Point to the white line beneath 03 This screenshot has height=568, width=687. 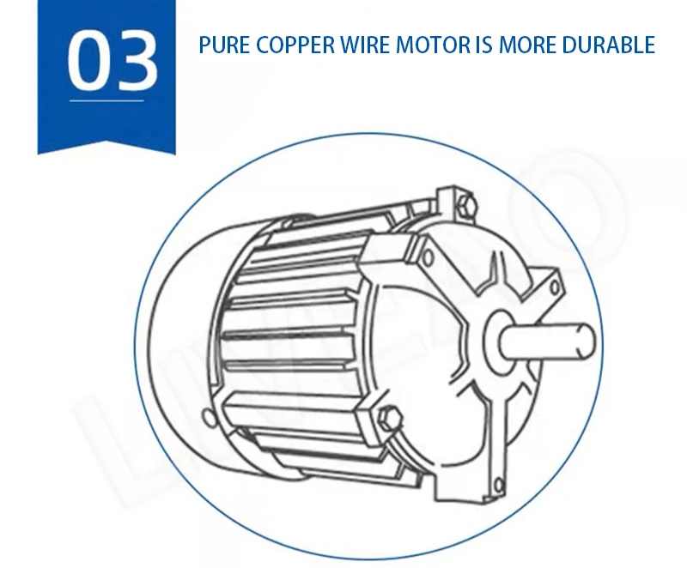pos(106,102)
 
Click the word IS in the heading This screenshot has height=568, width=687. pos(483,45)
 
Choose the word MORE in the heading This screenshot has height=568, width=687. pos(527,45)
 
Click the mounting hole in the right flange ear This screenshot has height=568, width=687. pos(556,285)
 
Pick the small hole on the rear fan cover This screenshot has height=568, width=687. pos(207,420)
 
